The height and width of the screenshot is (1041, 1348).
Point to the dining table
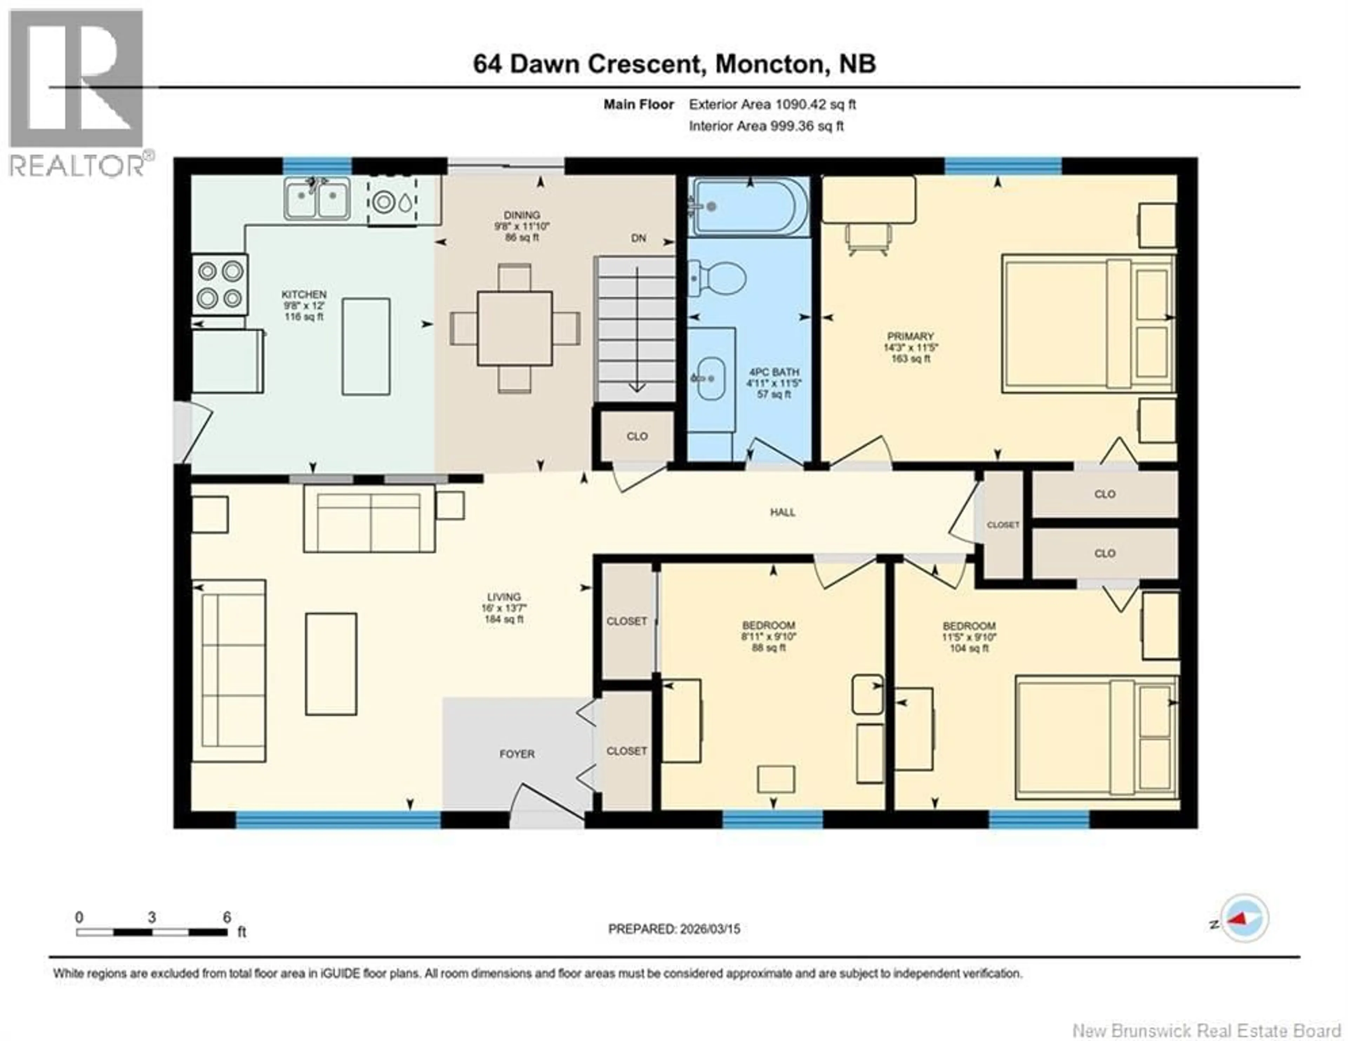pyautogui.click(x=514, y=328)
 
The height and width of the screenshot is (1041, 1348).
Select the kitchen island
pyautogui.click(x=366, y=346)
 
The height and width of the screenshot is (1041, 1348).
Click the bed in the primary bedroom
pyautogui.click(x=1088, y=323)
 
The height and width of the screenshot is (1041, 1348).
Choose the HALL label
pyautogui.click(x=782, y=512)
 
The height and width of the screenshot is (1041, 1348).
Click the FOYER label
pyautogui.click(x=517, y=754)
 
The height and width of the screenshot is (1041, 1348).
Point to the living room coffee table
pyautogui.click(x=331, y=664)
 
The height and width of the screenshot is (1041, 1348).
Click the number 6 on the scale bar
pyautogui.click(x=226, y=917)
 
